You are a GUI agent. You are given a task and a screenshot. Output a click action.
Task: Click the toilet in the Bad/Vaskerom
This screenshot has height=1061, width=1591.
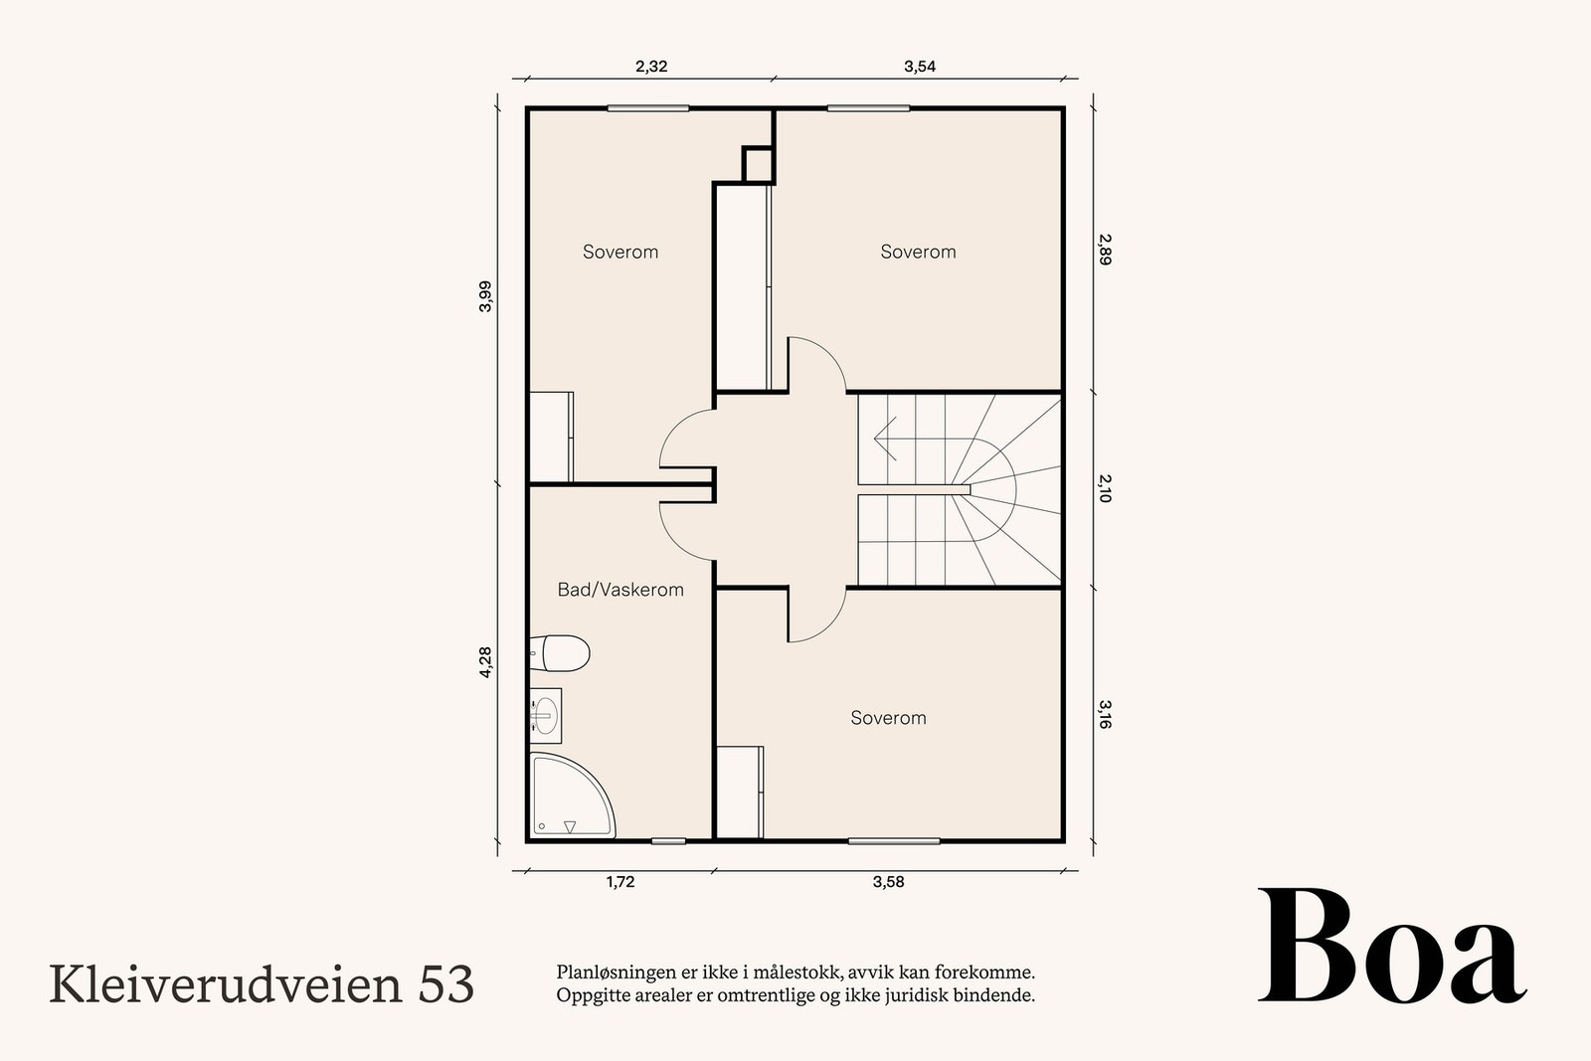pos(562,653)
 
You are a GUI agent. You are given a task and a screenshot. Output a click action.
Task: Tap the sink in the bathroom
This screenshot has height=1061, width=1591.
pos(545,714)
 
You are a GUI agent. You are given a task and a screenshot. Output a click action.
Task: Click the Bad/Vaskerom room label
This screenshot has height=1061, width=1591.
pos(620,590)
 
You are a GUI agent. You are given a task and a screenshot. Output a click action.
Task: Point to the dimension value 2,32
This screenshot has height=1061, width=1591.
pos(651,67)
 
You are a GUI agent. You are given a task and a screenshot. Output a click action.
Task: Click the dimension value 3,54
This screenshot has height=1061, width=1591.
pos(920,67)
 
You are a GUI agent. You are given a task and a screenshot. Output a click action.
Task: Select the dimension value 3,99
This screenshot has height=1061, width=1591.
pos(485,296)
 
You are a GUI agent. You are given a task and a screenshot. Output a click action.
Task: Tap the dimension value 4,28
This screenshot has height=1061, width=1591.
pos(485,662)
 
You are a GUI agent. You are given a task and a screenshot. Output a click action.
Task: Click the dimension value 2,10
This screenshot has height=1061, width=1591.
pos(1105,488)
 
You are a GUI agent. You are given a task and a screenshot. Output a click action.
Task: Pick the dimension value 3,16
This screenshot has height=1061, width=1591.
pos(1105,714)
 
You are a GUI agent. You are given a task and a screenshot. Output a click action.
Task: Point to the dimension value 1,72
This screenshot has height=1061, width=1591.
pos(619,881)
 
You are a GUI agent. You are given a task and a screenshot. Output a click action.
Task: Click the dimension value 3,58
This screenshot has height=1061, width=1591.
pos(888,881)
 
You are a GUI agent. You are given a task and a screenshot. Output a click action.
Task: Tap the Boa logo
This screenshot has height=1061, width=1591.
pos(1391,948)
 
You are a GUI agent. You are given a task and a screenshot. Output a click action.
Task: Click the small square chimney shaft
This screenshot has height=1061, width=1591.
pos(759,164)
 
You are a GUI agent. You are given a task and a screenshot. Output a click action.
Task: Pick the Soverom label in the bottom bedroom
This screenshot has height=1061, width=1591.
pos(888,718)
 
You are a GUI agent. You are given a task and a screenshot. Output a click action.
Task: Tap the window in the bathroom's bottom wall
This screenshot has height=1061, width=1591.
pos(668,841)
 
